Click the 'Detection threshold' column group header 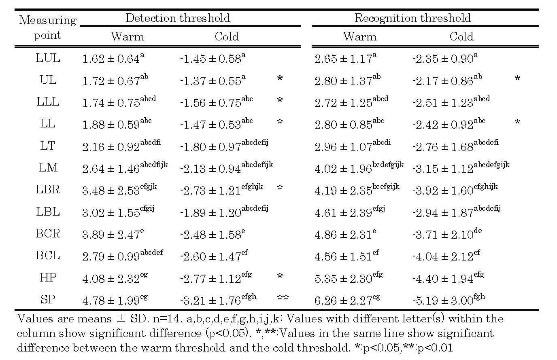pos(177,18)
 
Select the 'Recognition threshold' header pos(412,18)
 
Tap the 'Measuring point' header pos(47,28)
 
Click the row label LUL pos(48,58)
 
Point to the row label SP pos(48,300)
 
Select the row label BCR pos(48,234)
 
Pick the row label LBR pos(48,190)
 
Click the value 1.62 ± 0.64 pos(111,59)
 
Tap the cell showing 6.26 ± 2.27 pos(343,301)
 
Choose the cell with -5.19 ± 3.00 pos(443,301)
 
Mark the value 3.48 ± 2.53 pos(111,191)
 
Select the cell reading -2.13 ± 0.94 pos(210,169)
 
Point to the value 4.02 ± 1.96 pos(343,169)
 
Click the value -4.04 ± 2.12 pos(443,256)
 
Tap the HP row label pos(48,277)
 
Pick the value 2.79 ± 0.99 pos(111,256)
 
